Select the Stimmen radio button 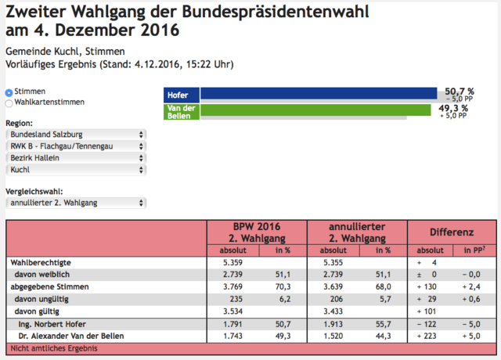(x=9, y=92)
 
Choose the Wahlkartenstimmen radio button (x=9, y=103)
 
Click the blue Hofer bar (x=319, y=93)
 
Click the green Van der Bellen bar (x=315, y=110)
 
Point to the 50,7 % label (x=460, y=92)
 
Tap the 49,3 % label (x=453, y=108)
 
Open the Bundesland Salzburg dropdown (x=76, y=135)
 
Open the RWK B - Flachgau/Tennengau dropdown (x=76, y=146)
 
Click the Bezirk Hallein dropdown (x=76, y=158)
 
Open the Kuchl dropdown (x=76, y=170)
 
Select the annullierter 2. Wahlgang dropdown (x=76, y=203)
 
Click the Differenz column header (x=452, y=232)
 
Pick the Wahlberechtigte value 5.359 (x=232, y=263)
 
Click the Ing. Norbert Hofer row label (x=52, y=324)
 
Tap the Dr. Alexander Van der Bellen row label (x=71, y=336)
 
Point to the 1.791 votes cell (x=232, y=324)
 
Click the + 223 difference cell (x=427, y=336)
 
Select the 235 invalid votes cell (x=236, y=299)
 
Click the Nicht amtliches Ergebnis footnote (x=54, y=348)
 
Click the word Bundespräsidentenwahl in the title (x=276, y=13)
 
